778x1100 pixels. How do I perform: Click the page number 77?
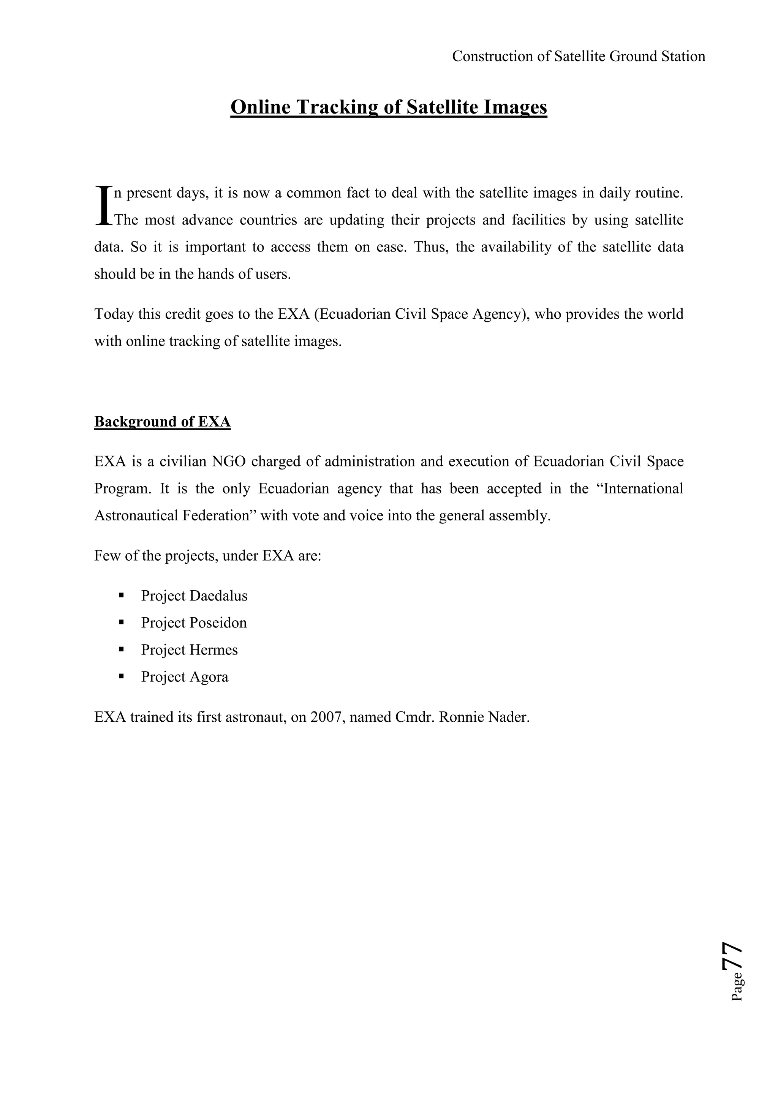[x=732, y=956]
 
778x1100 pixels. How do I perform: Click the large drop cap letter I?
[x=103, y=205]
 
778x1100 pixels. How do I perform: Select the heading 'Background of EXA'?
[x=163, y=422]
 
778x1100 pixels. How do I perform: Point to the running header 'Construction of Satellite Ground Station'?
[x=578, y=57]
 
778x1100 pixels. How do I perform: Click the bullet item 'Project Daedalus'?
[x=194, y=596]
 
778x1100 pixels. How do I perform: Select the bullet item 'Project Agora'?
[x=185, y=676]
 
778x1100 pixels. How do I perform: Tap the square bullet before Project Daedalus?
[x=121, y=596]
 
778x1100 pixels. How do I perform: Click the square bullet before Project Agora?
[x=121, y=676]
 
